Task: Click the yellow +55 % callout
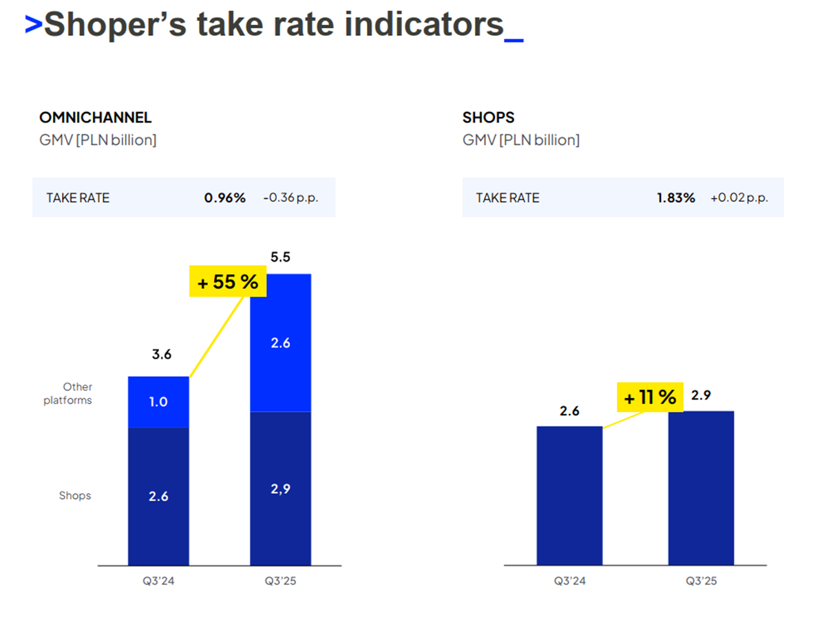point(228,282)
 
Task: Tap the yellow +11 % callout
point(650,397)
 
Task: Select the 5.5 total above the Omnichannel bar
point(281,257)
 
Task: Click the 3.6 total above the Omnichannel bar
point(161,355)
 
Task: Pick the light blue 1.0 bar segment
point(158,402)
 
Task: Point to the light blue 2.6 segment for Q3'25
point(280,343)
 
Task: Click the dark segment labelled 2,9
point(280,488)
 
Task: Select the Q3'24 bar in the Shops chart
point(569,495)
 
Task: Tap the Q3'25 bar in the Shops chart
point(701,488)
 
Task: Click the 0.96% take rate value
point(224,198)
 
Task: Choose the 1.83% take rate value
point(675,198)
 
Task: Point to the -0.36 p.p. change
point(291,198)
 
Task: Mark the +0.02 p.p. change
point(739,198)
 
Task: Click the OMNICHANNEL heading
point(95,118)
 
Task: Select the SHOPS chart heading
point(488,118)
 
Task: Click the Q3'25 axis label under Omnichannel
point(281,581)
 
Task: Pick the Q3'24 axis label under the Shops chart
point(569,581)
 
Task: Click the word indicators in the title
point(424,25)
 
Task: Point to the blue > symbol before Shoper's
point(33,25)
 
